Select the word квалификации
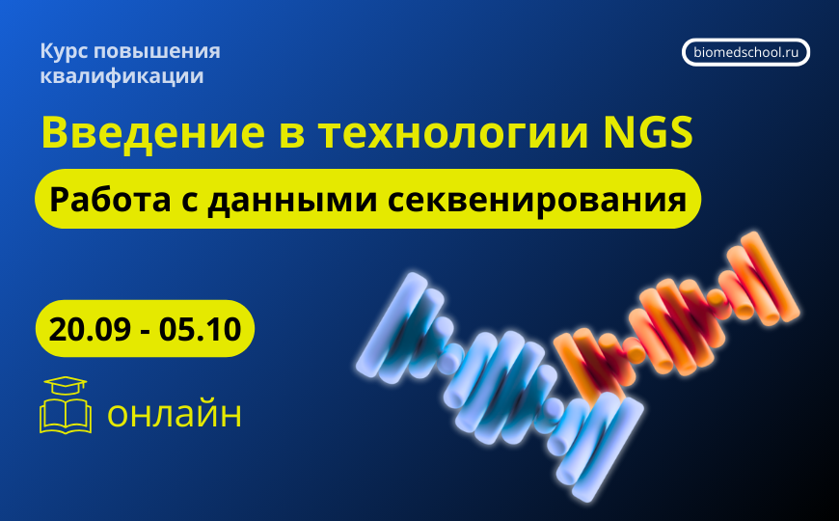tap(122, 76)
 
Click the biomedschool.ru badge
tap(745, 52)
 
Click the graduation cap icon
tap(65, 386)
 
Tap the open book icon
tap(66, 417)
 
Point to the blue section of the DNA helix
tap(482, 367)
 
